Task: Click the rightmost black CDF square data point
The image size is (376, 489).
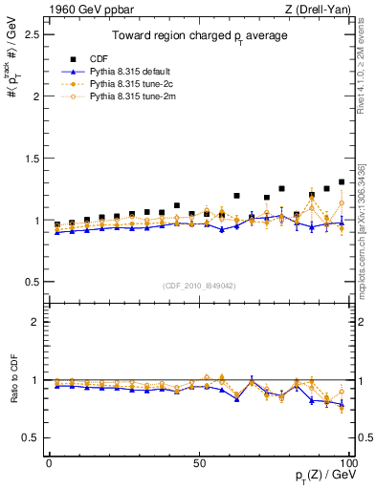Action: (342, 181)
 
